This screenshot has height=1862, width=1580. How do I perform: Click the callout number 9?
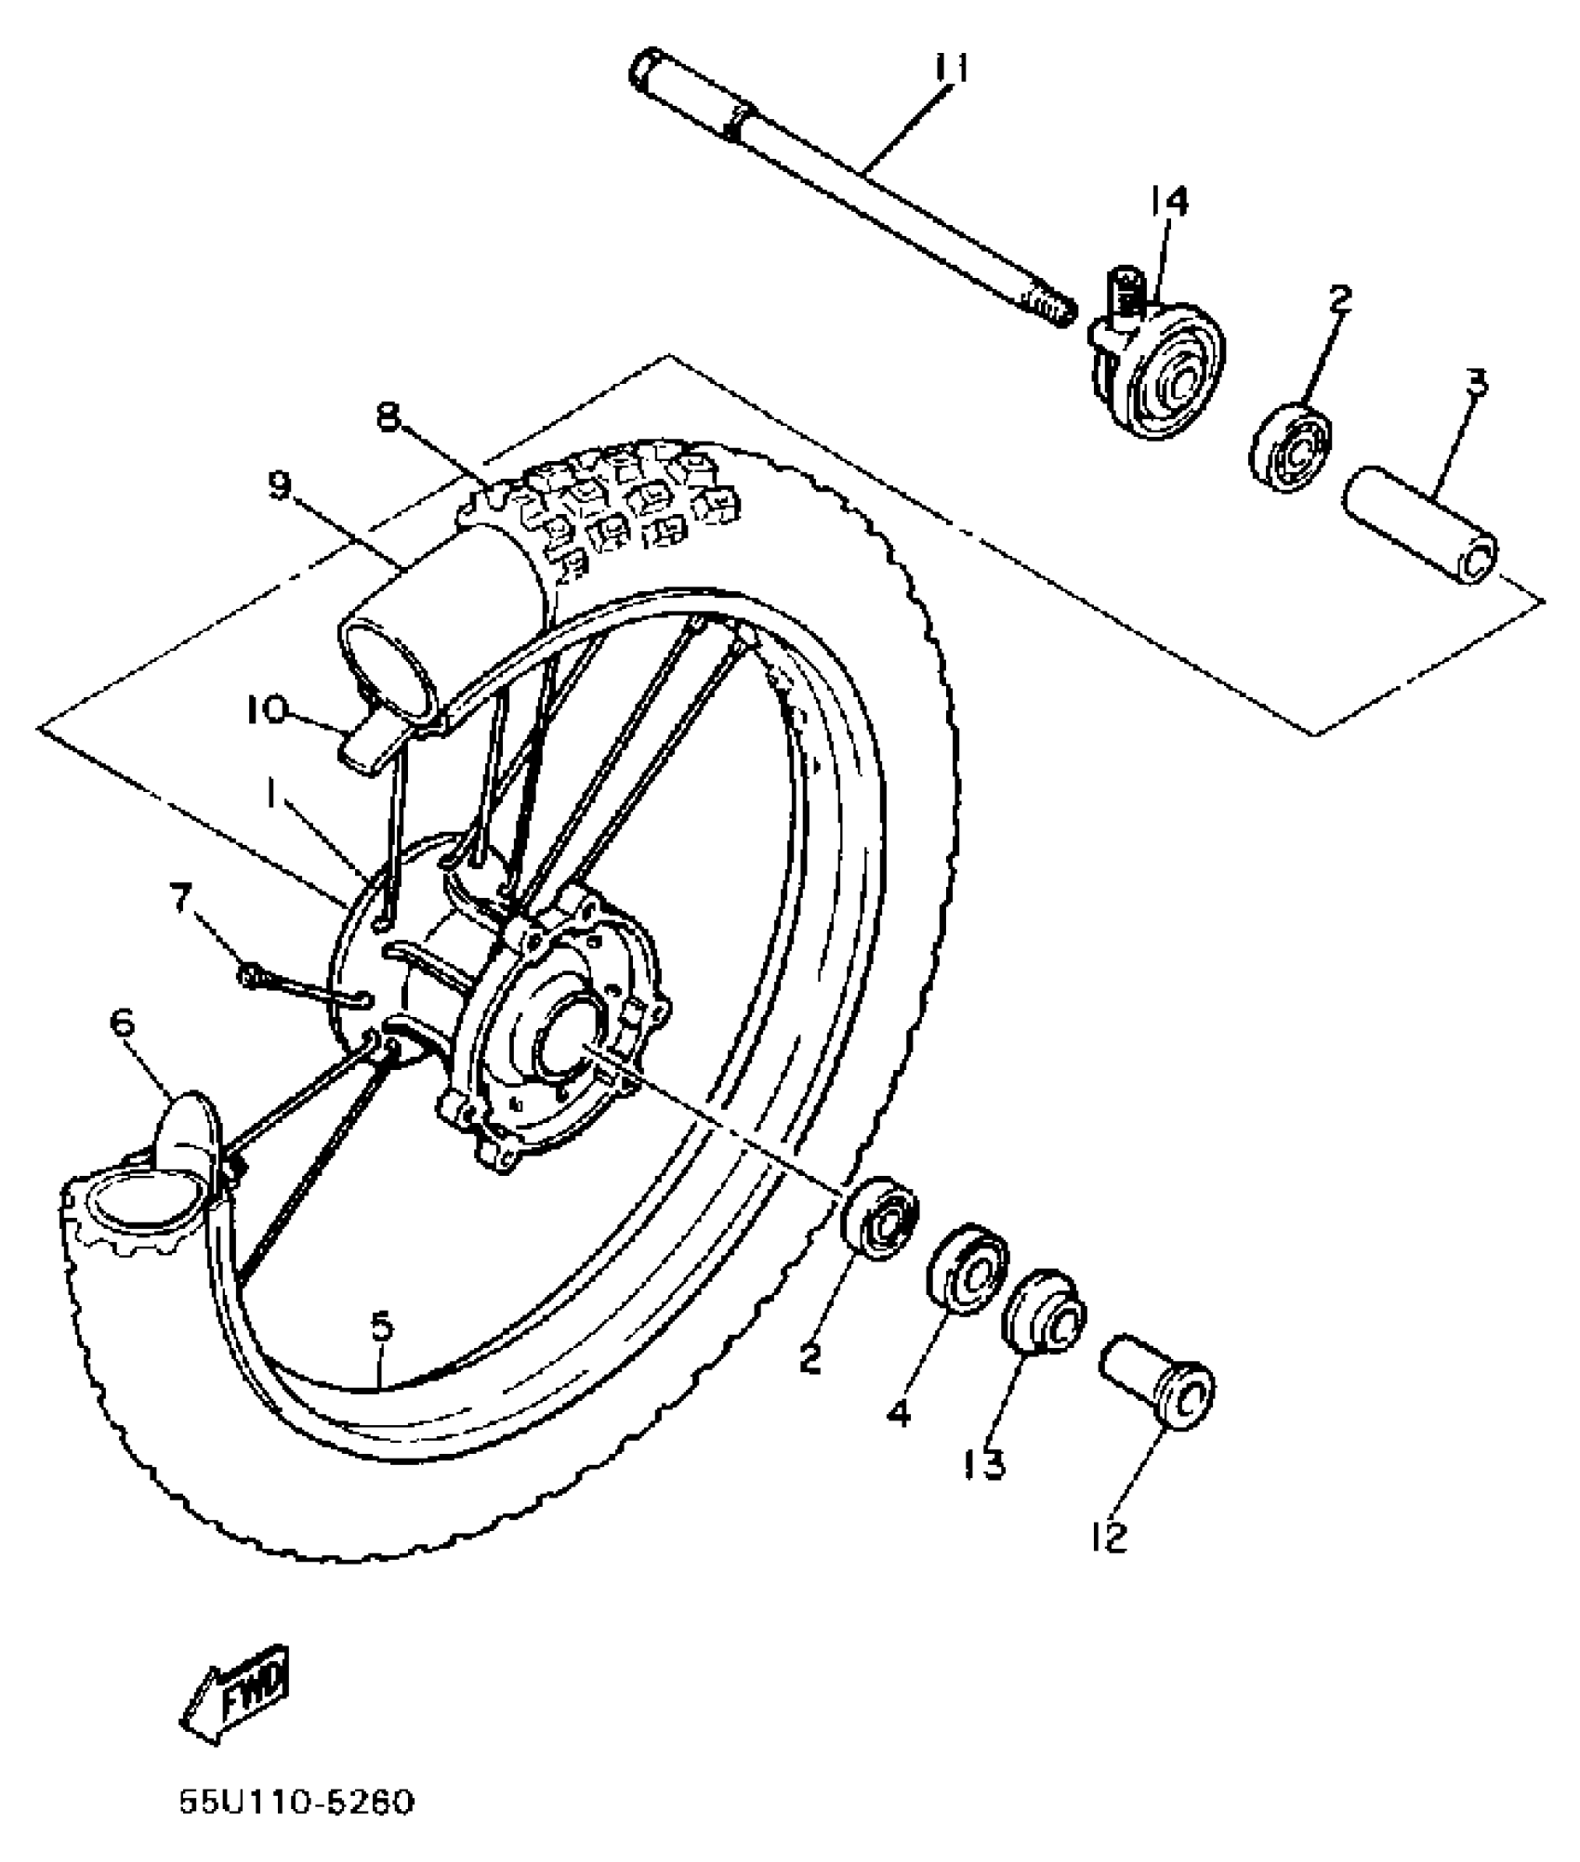(x=280, y=484)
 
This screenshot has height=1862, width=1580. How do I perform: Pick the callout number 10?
(x=268, y=711)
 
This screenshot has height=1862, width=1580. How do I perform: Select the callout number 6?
(x=122, y=1023)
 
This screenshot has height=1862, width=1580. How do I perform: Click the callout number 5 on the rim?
(x=382, y=1327)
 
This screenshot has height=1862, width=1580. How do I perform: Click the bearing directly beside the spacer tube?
(x=1291, y=446)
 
